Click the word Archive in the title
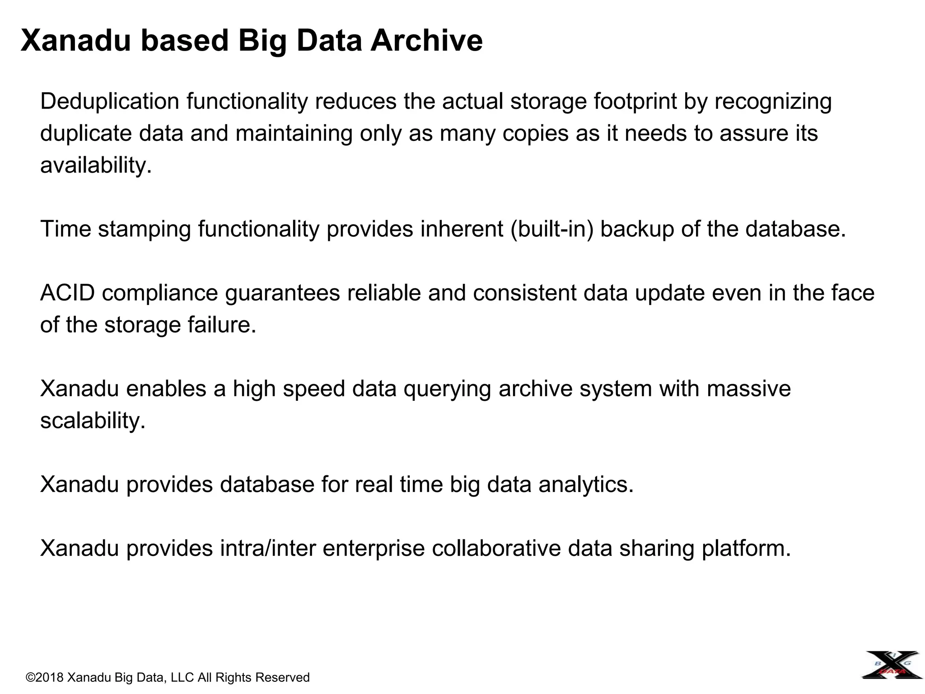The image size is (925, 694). (x=426, y=41)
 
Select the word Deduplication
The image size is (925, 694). (x=110, y=101)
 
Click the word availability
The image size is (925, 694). (x=96, y=165)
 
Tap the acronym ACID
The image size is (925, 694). (x=67, y=293)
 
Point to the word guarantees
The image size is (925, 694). (x=282, y=293)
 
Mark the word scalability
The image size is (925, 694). (x=93, y=421)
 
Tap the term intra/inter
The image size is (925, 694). (x=268, y=549)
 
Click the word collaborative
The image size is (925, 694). (x=496, y=549)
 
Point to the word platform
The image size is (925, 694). (x=746, y=549)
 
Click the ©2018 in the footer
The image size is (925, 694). (x=45, y=677)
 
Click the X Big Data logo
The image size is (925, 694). (x=892, y=665)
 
